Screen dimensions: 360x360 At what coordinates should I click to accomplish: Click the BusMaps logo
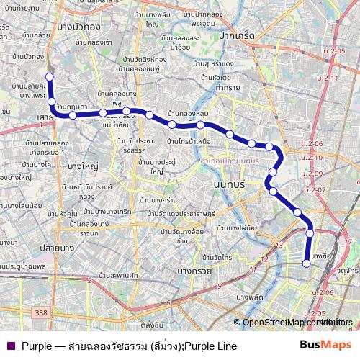tap(325, 345)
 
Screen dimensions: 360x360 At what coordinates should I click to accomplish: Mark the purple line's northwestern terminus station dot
tap(49, 76)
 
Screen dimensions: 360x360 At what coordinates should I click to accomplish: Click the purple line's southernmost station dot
tap(307, 264)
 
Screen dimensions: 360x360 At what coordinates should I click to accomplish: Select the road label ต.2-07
tap(315, 189)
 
